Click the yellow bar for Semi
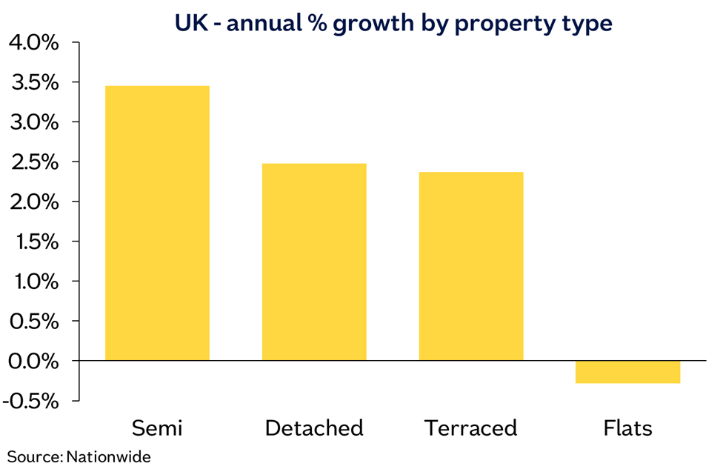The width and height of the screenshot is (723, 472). point(157,223)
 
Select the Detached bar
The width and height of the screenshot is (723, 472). point(314,262)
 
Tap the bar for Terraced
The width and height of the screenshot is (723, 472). point(471,266)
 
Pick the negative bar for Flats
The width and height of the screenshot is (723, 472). point(627,372)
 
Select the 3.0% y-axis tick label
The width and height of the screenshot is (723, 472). point(33,122)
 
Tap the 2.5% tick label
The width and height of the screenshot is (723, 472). point(33,162)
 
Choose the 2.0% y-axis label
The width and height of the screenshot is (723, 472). point(33,202)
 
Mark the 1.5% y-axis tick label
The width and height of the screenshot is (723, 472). point(33,242)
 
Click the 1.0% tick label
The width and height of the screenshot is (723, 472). point(33,282)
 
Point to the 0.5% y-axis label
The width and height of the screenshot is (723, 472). point(33,322)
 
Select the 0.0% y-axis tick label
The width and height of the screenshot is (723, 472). point(33,362)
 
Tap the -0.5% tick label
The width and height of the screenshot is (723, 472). point(30,401)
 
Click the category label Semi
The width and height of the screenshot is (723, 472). point(157,428)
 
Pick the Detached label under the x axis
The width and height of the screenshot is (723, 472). point(314,428)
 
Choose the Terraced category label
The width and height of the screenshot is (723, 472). point(471,428)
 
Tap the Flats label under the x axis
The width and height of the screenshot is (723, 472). point(627,428)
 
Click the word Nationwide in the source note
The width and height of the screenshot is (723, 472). point(109,456)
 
